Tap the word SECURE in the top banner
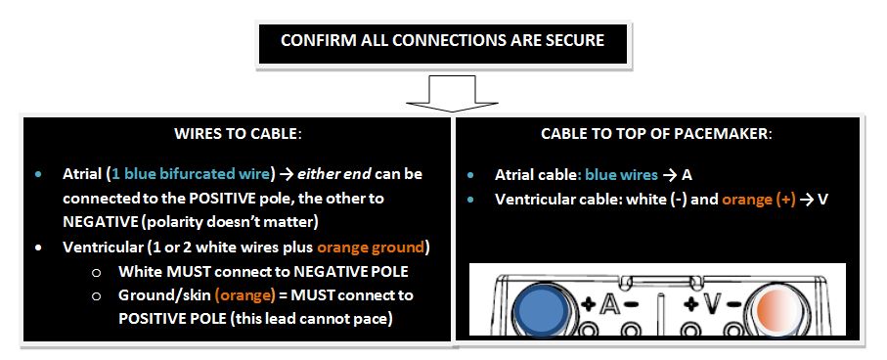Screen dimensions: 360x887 (x=570, y=40)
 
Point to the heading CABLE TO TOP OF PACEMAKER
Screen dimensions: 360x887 (x=656, y=134)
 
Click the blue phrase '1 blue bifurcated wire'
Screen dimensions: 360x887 (x=192, y=173)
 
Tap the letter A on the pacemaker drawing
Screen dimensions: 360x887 (x=610, y=304)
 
